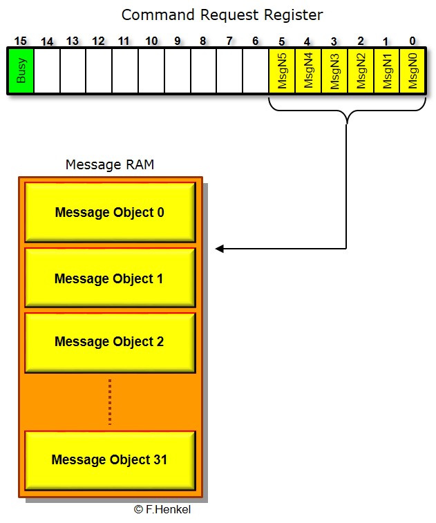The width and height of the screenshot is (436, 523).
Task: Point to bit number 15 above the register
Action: point(20,41)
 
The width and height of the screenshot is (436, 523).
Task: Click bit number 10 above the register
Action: point(151,41)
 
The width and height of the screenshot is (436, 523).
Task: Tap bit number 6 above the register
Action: point(256,41)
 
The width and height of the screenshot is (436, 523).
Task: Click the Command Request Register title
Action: point(222,15)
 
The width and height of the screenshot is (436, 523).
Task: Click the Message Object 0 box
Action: point(110,212)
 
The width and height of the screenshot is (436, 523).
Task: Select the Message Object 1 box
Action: point(110,278)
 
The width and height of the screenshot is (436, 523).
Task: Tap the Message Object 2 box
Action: point(110,341)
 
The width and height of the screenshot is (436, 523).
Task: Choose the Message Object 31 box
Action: point(110,459)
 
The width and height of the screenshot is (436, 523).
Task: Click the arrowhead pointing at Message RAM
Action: point(219,249)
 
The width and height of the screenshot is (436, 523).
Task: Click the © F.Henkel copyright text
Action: point(162,509)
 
